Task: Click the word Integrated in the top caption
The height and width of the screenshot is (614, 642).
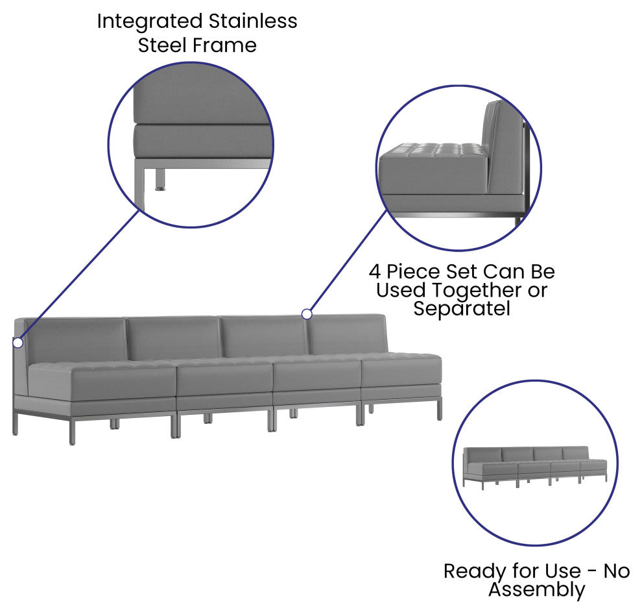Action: (150, 22)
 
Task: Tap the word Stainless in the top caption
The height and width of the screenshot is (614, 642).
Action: (253, 21)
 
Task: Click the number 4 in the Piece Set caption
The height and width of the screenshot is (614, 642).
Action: (375, 272)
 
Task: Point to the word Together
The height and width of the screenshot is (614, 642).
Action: (477, 291)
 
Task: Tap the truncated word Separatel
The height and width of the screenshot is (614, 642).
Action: (462, 309)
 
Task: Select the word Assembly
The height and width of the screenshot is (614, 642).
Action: (536, 590)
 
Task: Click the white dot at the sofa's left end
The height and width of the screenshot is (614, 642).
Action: (18, 342)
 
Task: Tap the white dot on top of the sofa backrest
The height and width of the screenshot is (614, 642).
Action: (307, 314)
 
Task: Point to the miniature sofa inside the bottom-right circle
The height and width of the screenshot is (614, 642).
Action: (535, 468)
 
